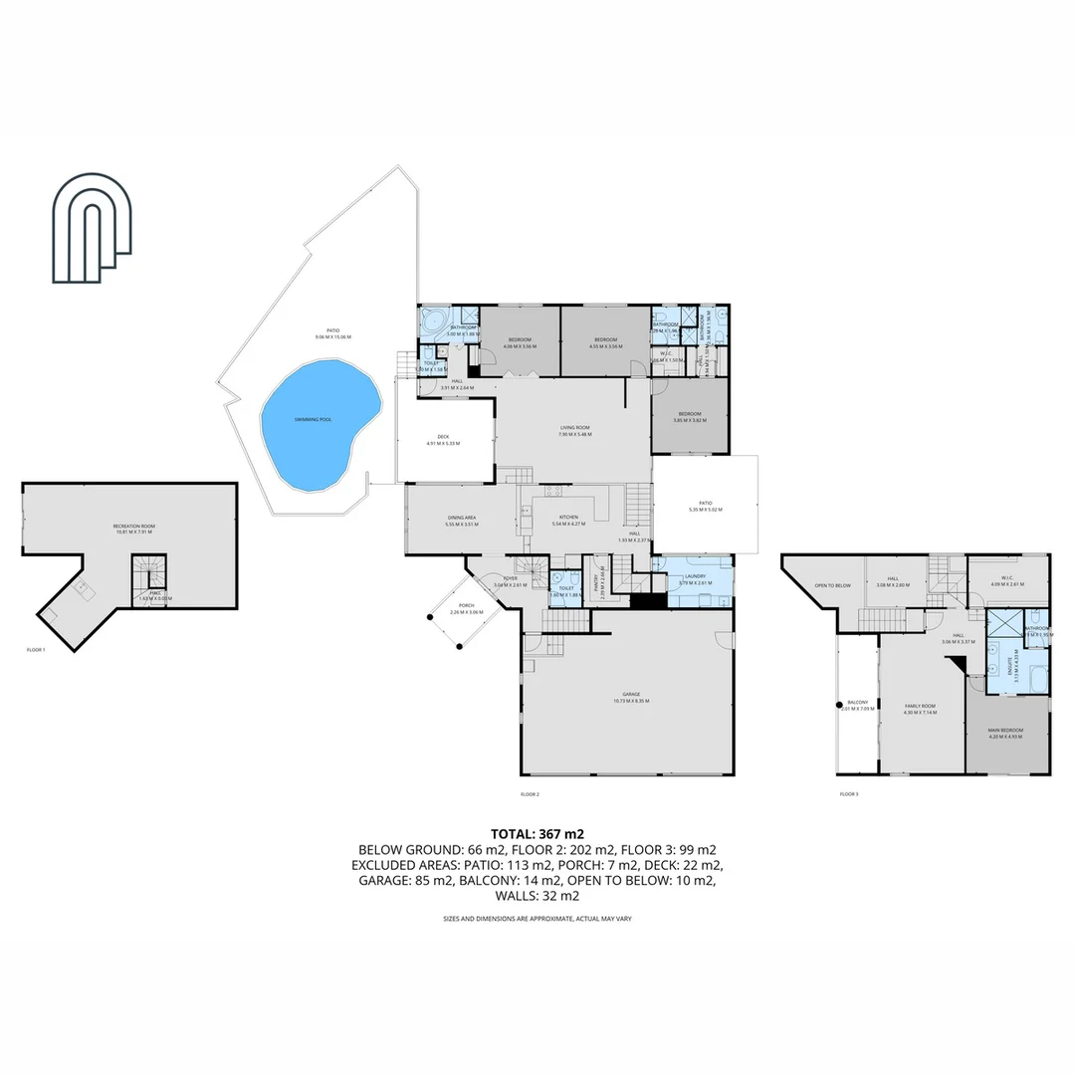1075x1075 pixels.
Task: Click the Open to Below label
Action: coord(832,585)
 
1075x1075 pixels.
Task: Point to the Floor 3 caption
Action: coord(848,794)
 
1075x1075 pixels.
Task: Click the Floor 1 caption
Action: coord(37,650)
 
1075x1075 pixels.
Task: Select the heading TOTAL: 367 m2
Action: coord(537,833)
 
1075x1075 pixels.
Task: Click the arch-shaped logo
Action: coord(94,229)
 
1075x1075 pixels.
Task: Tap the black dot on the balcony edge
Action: coord(838,706)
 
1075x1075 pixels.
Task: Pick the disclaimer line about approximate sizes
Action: coord(537,919)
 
